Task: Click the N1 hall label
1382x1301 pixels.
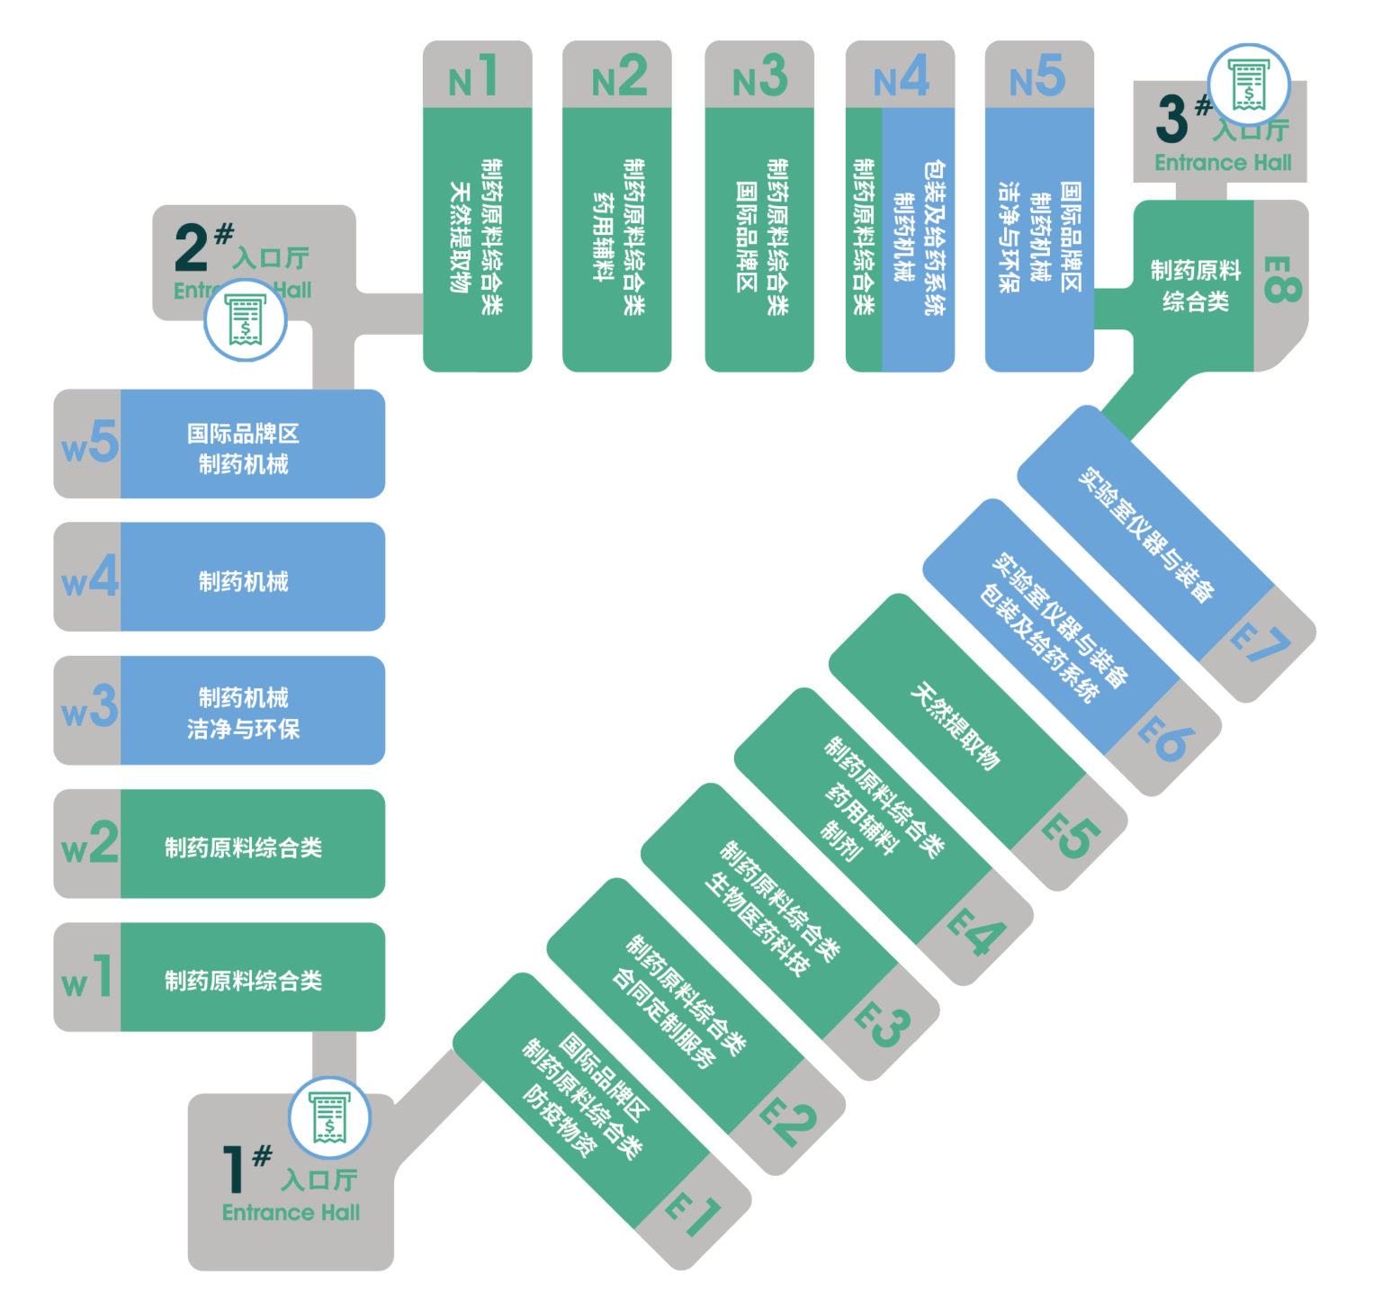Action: [474, 77]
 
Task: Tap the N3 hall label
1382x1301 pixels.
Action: [759, 77]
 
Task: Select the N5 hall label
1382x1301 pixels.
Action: [1037, 77]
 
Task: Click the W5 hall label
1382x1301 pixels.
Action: [89, 444]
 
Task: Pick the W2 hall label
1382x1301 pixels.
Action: [89, 844]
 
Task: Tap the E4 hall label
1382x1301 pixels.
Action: [976, 932]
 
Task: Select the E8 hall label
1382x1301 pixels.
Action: [1281, 279]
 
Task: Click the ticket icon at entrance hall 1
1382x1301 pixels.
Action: [329, 1117]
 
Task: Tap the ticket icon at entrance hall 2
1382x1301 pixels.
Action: [245, 321]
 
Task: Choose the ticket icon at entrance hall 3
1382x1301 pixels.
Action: [1249, 85]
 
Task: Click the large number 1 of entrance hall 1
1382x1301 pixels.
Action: [233, 1169]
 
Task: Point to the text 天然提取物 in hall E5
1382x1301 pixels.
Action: [955, 727]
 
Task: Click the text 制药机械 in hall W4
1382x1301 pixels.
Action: [244, 582]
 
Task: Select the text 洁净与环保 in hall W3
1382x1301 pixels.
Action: [244, 729]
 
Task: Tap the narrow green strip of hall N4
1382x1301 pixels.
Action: [864, 238]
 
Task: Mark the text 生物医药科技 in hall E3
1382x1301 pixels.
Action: [758, 924]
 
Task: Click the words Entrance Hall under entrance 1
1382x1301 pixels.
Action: [291, 1213]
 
